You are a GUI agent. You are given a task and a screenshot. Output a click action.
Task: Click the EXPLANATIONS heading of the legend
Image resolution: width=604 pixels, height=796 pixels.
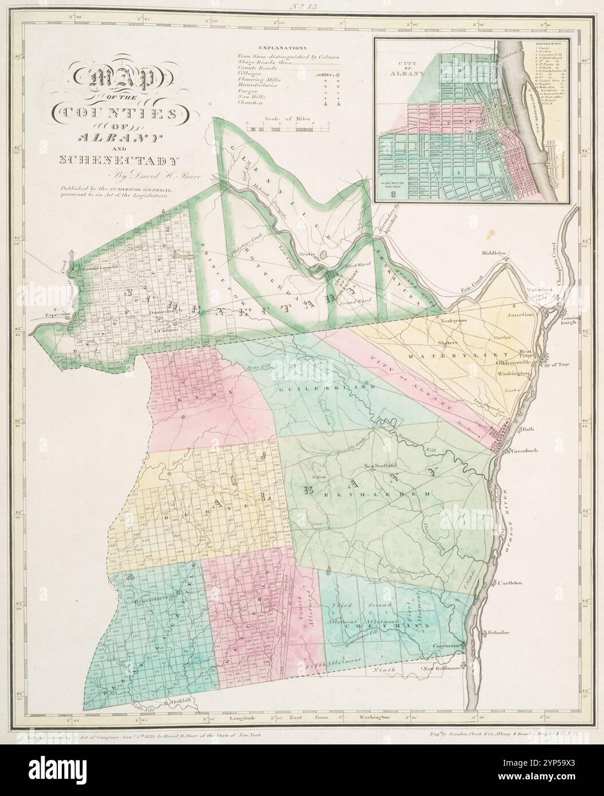point(283,49)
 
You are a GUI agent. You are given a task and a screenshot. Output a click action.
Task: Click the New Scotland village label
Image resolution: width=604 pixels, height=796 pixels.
point(380,465)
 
